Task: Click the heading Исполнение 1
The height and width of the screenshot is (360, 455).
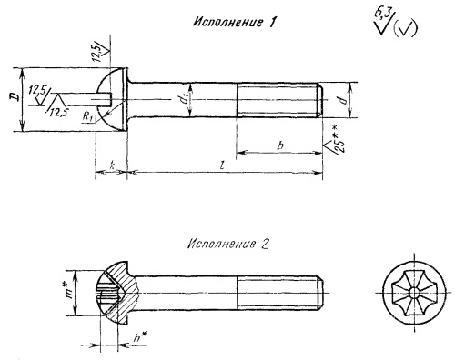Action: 235,22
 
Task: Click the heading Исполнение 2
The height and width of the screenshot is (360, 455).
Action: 228,244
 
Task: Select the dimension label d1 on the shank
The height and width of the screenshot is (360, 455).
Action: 184,99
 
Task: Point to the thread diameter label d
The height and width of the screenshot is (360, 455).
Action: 343,100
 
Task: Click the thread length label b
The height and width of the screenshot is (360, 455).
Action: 280,145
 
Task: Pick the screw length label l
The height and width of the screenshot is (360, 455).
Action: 223,165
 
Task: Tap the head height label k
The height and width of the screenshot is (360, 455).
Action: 112,165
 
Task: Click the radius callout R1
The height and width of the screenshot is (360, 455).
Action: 87,116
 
